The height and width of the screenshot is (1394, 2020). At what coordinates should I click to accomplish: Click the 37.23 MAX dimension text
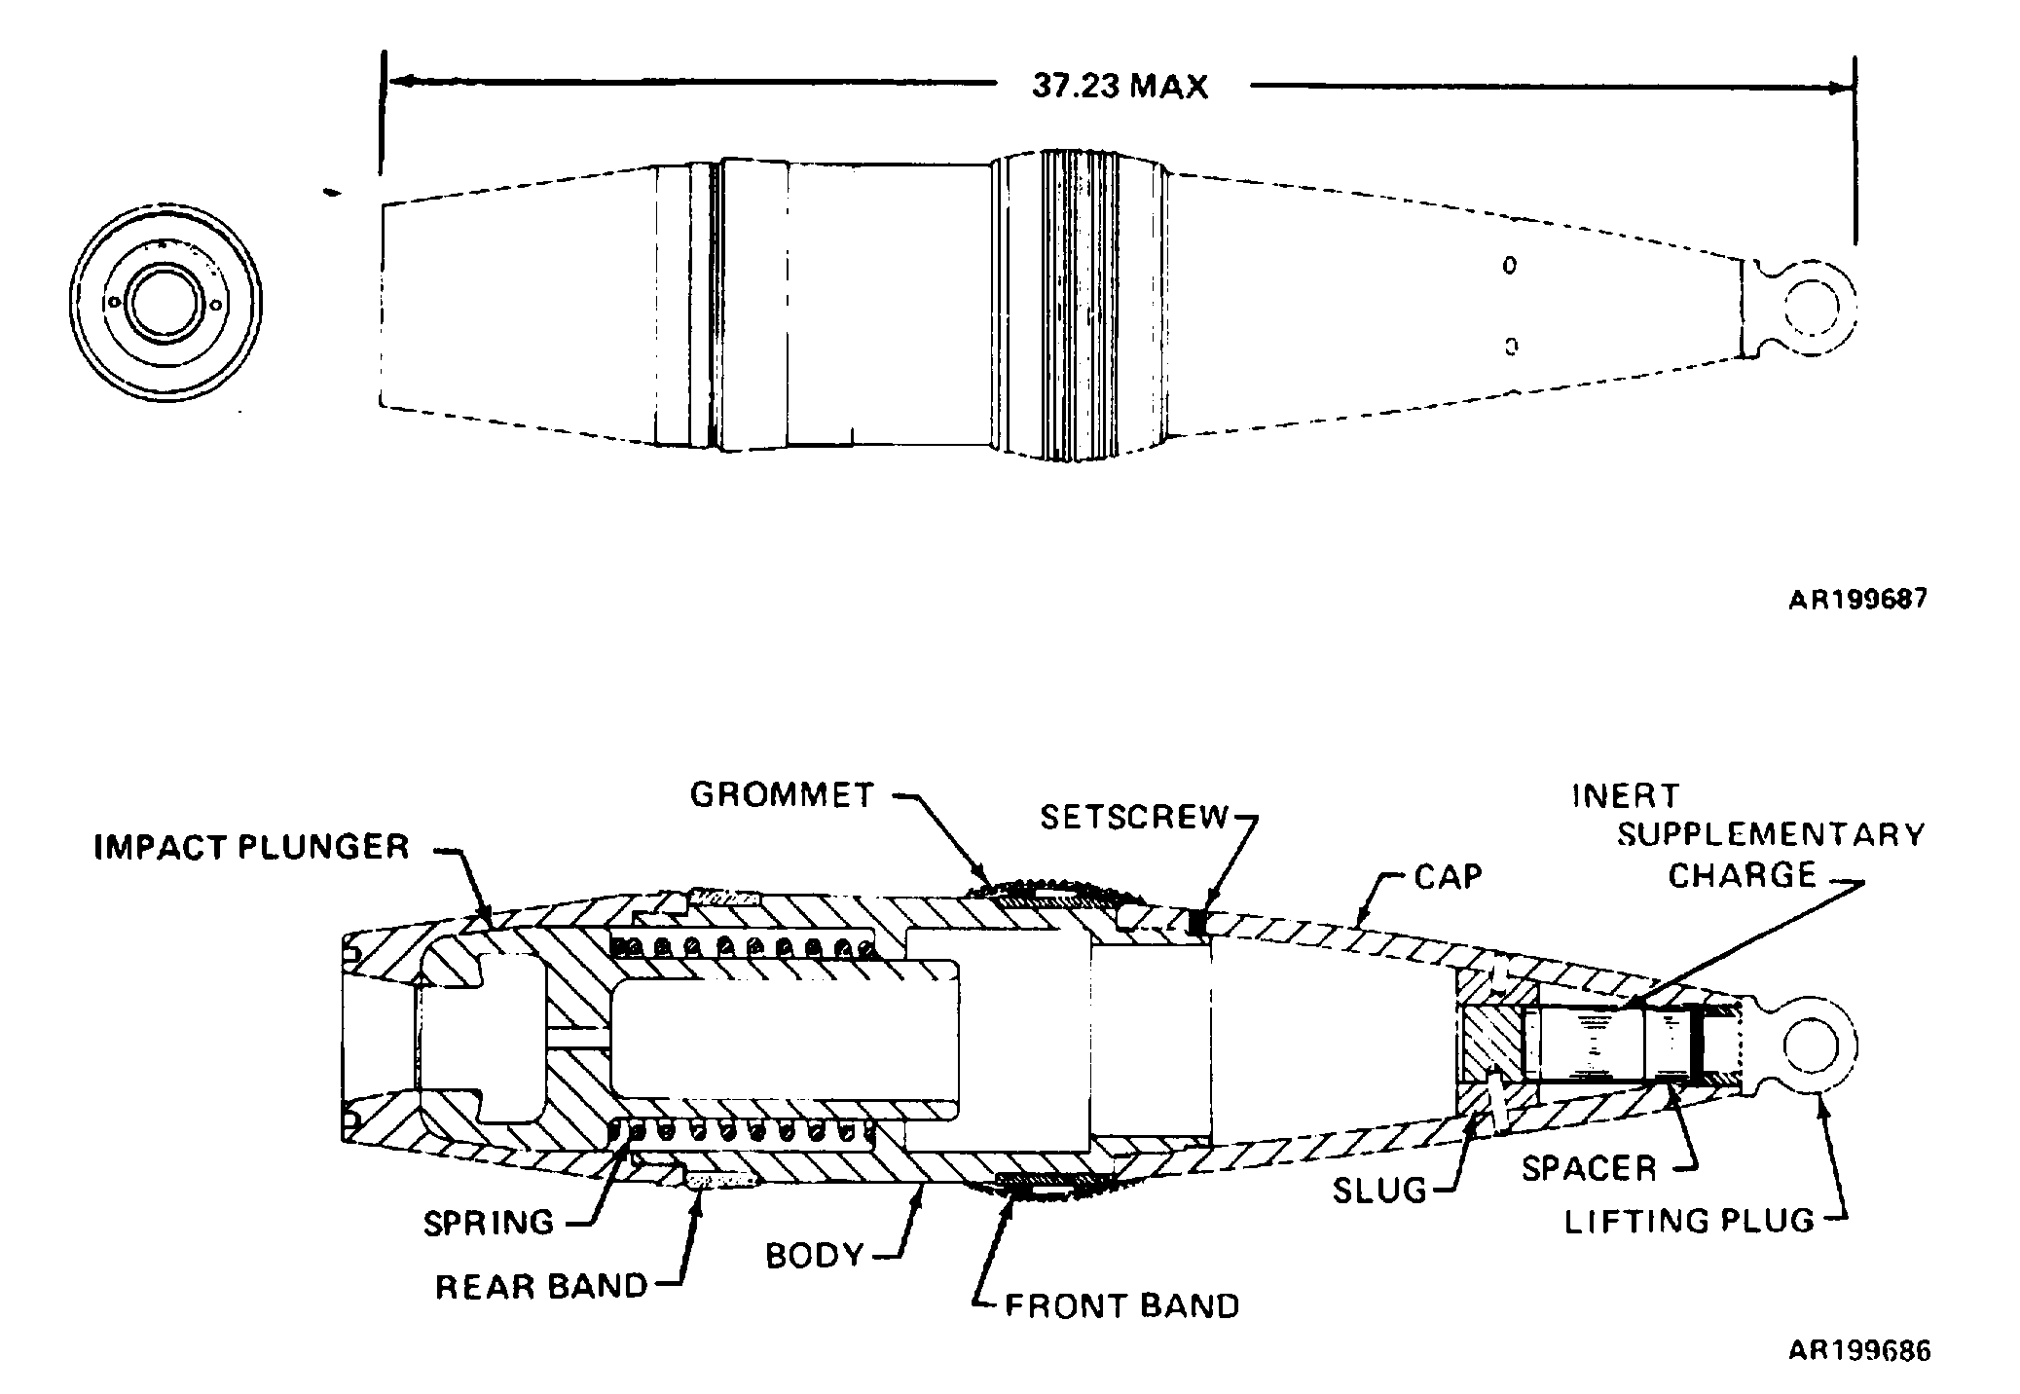coord(1120,87)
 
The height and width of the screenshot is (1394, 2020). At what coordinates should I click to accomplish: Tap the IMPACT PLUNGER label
coord(252,847)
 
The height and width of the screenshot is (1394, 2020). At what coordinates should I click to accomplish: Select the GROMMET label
coord(783,794)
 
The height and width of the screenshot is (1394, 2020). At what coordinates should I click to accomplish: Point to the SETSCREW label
coord(1135,817)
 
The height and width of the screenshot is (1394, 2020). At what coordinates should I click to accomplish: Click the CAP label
coord(1449,876)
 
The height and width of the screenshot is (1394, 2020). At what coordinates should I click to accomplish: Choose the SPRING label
coord(489,1222)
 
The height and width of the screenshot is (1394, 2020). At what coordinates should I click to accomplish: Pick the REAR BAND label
coord(541,1286)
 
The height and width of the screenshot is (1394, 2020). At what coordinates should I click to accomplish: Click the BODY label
coord(815,1256)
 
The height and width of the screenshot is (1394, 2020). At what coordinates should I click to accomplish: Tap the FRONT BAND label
coord(1122,1305)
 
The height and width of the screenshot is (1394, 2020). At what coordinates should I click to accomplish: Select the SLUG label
coord(1379,1190)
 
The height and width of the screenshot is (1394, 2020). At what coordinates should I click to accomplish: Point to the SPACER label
coord(1589,1168)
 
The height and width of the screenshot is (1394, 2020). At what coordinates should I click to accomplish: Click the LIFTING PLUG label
coord(1690,1221)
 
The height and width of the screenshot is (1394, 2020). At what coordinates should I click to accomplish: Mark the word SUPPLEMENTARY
coord(1771,835)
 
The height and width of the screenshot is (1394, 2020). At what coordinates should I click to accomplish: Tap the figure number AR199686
coord(1858,1351)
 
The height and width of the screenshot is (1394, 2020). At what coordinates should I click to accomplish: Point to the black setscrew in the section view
coord(1199,921)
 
